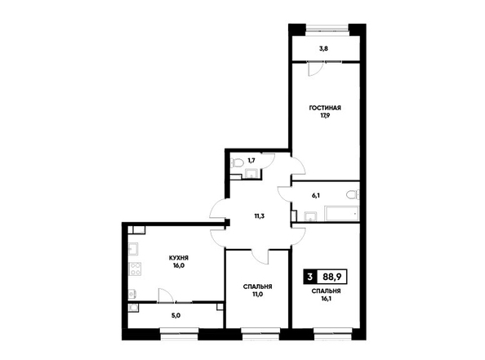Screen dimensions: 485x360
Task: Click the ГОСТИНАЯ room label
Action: pyautogui.click(x=325, y=108)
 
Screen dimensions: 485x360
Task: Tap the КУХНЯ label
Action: pyautogui.click(x=179, y=258)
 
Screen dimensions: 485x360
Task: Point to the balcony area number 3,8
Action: pyautogui.click(x=324, y=48)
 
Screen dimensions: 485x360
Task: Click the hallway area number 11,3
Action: pyautogui.click(x=259, y=216)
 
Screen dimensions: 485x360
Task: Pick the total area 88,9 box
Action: pyautogui.click(x=331, y=277)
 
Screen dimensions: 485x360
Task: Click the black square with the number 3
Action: pyautogui.click(x=310, y=277)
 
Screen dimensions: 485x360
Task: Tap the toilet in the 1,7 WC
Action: pyautogui.click(x=237, y=162)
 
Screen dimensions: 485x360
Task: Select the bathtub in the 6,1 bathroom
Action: pyautogui.click(x=341, y=213)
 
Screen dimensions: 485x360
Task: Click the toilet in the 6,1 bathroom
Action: pyautogui.click(x=353, y=195)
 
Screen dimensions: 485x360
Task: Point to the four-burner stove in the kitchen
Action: pyautogui.click(x=135, y=269)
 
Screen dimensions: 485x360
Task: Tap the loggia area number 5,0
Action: pyautogui.click(x=176, y=316)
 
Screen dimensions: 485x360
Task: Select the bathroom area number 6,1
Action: pyautogui.click(x=315, y=195)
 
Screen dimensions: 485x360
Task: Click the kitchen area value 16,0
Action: pyautogui.click(x=179, y=265)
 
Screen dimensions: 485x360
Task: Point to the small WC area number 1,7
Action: pyautogui.click(x=251, y=160)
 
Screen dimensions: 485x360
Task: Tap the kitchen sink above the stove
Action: pyautogui.click(x=134, y=249)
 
